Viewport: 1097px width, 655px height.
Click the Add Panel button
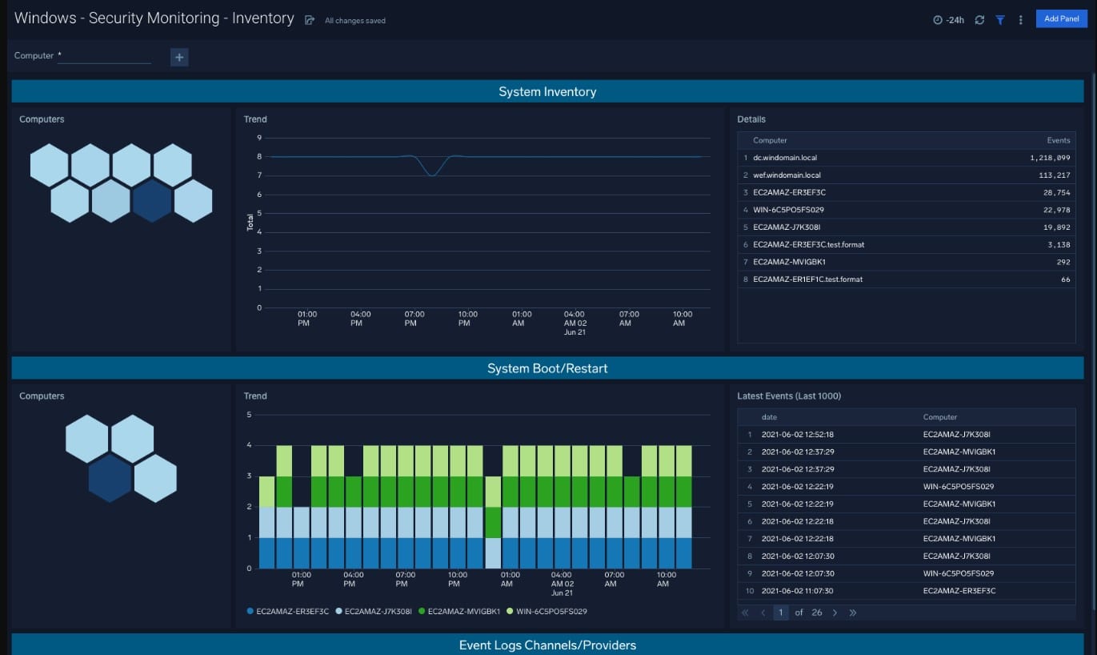coord(1061,18)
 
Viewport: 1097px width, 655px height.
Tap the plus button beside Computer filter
coord(179,58)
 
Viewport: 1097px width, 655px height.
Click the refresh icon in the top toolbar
coord(979,19)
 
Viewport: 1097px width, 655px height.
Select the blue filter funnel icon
coord(1000,19)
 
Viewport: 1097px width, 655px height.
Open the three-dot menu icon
coord(1021,19)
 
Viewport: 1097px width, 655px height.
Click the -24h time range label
coord(955,20)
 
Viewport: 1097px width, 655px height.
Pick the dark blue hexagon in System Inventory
coord(152,200)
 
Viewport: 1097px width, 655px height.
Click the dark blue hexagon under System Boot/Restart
coord(110,478)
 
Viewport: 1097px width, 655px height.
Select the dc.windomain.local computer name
coord(785,158)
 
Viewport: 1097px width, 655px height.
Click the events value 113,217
coord(1055,175)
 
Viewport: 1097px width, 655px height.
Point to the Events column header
coord(1059,140)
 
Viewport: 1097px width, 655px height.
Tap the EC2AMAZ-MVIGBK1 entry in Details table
coord(789,262)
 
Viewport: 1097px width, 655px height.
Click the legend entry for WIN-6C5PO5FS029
coord(546,612)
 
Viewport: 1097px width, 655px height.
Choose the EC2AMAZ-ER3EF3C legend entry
coord(288,612)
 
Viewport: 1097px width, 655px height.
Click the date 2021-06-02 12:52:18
coord(797,434)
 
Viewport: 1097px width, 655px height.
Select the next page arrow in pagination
coord(835,613)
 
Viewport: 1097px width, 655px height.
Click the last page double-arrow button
coord(853,613)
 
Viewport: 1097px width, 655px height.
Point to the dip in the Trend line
coord(431,175)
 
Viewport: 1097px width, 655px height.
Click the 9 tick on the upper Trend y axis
coord(259,138)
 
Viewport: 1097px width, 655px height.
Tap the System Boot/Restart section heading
coord(547,368)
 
